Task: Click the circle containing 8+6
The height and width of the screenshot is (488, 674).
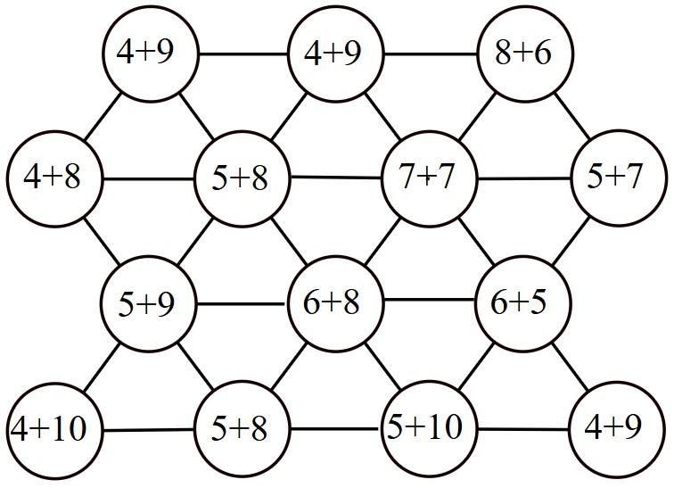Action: click(x=525, y=54)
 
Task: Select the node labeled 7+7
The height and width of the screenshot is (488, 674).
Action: click(x=430, y=178)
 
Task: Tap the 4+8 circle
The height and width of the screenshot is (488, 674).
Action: click(x=54, y=178)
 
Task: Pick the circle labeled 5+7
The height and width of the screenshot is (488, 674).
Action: click(x=619, y=178)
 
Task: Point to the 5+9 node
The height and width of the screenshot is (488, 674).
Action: click(x=148, y=303)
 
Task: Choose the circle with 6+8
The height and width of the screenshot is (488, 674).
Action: click(x=336, y=303)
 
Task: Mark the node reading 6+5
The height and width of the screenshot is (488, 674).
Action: click(x=523, y=303)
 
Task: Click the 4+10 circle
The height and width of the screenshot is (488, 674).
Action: click(x=54, y=429)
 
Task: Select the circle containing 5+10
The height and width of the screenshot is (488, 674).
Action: click(x=430, y=428)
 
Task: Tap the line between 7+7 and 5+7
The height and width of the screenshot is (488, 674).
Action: click(x=524, y=178)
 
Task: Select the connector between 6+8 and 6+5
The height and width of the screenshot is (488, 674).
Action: click(x=430, y=300)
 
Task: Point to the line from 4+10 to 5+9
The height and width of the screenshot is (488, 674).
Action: click(x=102, y=368)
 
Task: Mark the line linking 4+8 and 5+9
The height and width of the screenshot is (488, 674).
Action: click(x=102, y=241)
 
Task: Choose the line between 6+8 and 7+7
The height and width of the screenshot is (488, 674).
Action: click(x=382, y=241)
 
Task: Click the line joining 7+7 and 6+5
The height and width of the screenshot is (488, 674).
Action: click(x=476, y=241)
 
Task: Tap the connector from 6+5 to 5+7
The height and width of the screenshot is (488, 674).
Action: click(x=571, y=241)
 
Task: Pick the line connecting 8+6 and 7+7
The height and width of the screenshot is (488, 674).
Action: click(x=477, y=116)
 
